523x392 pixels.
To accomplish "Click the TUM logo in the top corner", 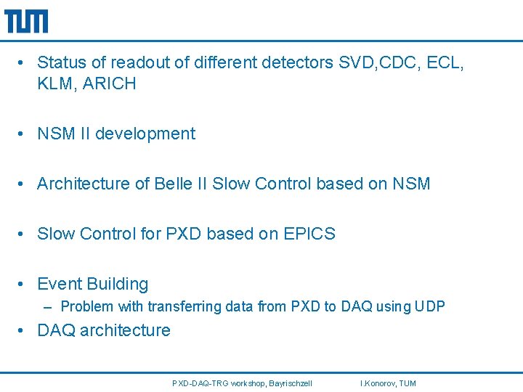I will point(26,21).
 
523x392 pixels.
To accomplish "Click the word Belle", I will point(173,184).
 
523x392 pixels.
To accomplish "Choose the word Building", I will point(119,284).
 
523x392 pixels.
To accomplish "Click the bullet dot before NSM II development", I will point(24,134).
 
